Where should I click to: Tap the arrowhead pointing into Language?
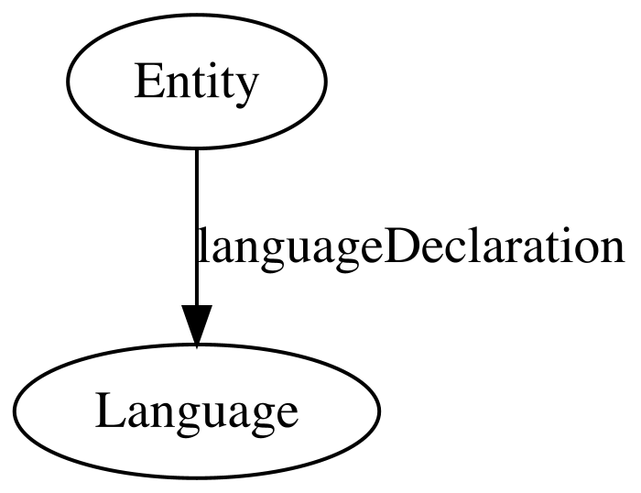click(x=197, y=325)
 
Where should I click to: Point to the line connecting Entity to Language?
click(x=197, y=227)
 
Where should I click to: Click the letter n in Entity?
click(x=177, y=86)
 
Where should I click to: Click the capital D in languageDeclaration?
click(x=399, y=245)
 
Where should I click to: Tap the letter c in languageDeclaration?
click(x=451, y=250)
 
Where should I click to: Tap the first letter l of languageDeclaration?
click(x=202, y=245)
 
